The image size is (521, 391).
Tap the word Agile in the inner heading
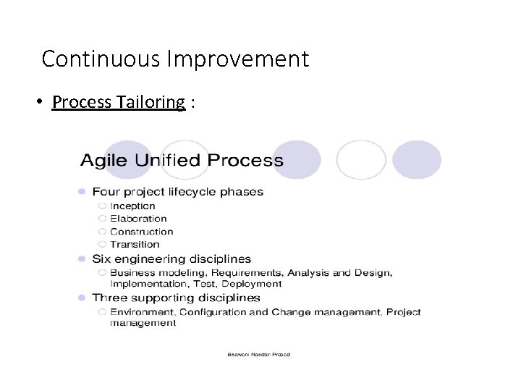[104, 161]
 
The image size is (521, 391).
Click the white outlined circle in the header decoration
[361, 160]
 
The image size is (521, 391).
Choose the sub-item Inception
[132, 206]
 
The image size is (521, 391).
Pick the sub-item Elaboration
[138, 219]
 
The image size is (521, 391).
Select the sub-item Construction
[142, 232]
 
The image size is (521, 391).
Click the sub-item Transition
[135, 245]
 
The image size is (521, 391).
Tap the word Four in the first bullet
[105, 192]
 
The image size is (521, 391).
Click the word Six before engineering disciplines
[100, 258]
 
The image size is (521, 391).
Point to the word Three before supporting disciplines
[107, 298]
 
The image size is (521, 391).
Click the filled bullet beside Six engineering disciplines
[82, 258]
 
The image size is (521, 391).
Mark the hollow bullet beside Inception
[102, 206]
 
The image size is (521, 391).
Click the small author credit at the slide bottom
[259, 355]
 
